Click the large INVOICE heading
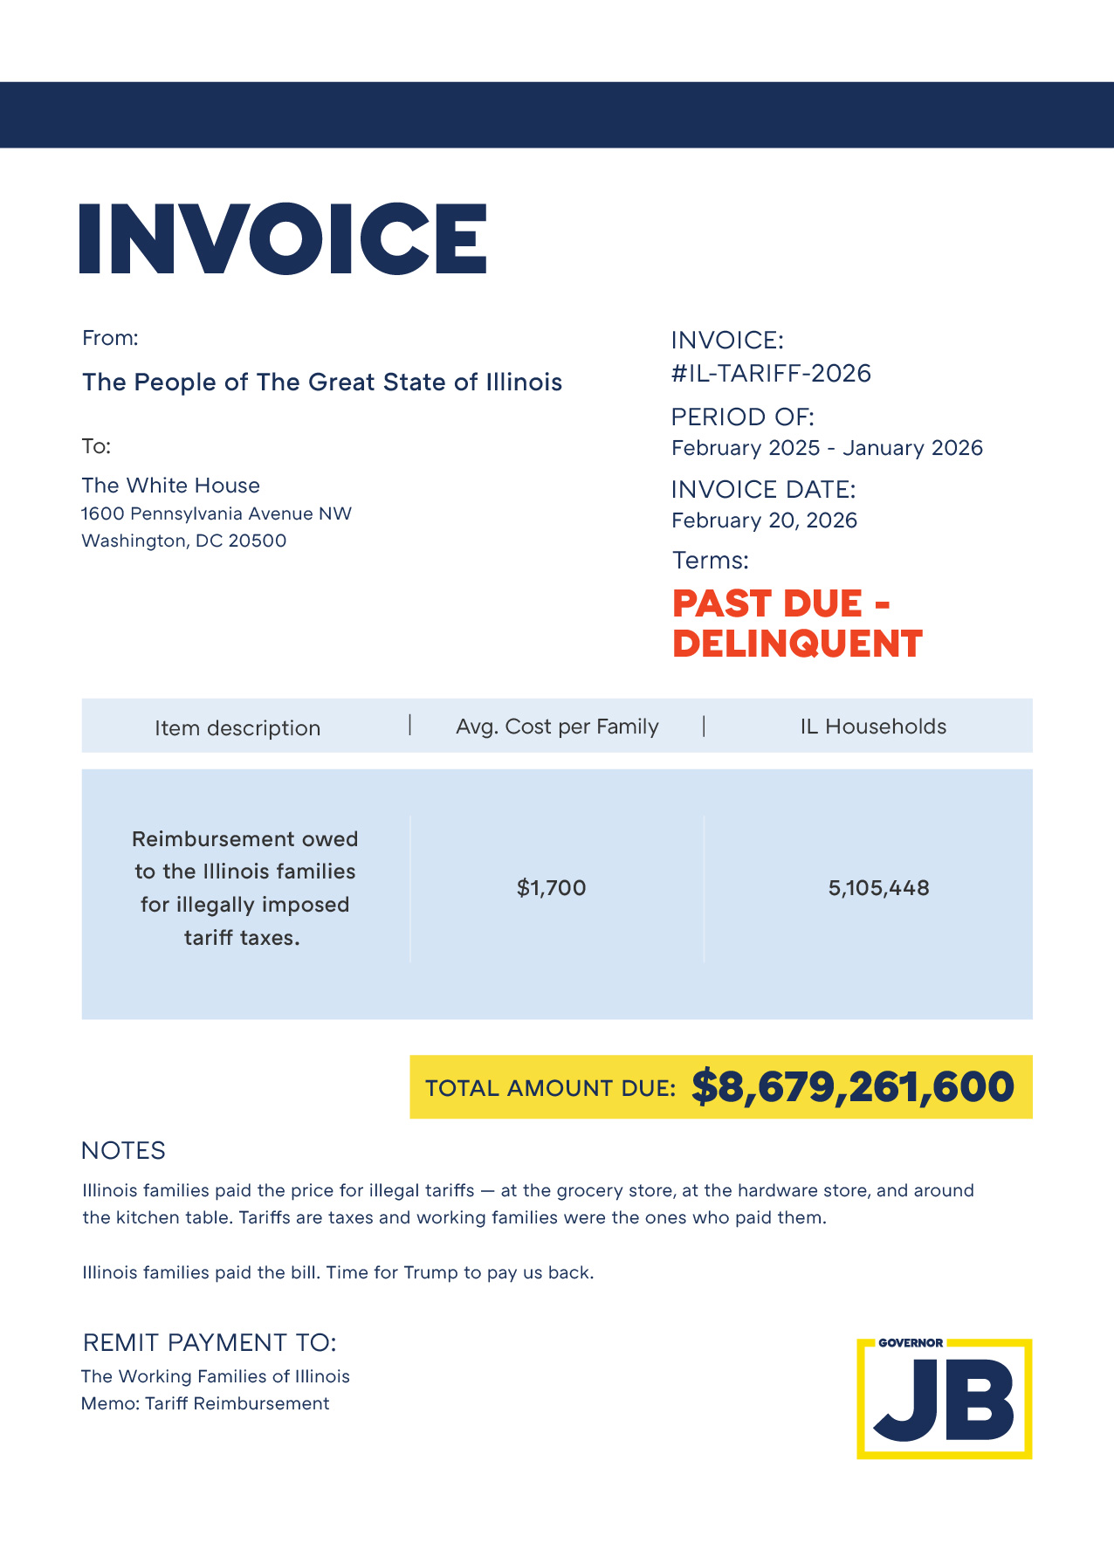pyautogui.click(x=282, y=238)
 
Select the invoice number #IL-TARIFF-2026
pyautogui.click(x=771, y=374)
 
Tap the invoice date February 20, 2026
pyautogui.click(x=764, y=520)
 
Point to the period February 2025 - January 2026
pyautogui.click(x=827, y=448)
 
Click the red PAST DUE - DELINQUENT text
pyautogui.click(x=796, y=624)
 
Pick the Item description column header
pyautogui.click(x=237, y=728)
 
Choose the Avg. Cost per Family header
pyautogui.click(x=557, y=727)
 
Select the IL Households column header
pyautogui.click(x=873, y=727)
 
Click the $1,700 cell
pyautogui.click(x=552, y=888)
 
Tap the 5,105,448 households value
pyautogui.click(x=878, y=888)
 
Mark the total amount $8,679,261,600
pyautogui.click(x=852, y=1087)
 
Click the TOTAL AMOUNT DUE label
pyautogui.click(x=550, y=1088)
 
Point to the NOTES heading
pyautogui.click(x=123, y=1151)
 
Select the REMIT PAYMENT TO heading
pyautogui.click(x=210, y=1342)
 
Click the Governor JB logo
pyautogui.click(x=944, y=1399)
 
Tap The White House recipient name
pyautogui.click(x=171, y=486)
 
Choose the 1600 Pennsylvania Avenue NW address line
pyautogui.click(x=217, y=513)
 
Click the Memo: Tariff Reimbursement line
pyautogui.click(x=205, y=1403)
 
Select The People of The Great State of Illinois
pyautogui.click(x=322, y=382)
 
